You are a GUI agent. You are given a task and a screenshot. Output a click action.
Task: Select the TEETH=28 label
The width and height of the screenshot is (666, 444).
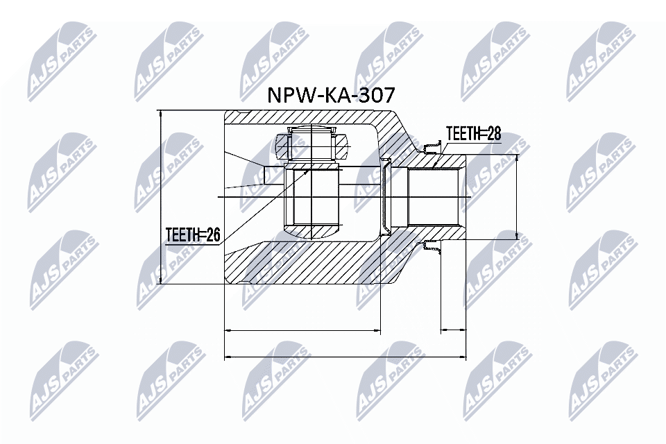coord(472,134)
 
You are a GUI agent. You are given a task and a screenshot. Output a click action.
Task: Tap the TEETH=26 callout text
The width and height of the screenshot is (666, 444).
coord(192,236)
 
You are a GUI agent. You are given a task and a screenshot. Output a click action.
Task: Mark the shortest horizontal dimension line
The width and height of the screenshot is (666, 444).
coord(454,331)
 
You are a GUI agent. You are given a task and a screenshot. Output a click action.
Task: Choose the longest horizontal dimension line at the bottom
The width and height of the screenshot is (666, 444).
coord(345,357)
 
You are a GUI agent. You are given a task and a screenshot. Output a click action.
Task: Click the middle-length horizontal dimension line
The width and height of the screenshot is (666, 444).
coord(303,331)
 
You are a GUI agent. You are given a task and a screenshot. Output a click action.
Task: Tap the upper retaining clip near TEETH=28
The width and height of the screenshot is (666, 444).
coord(432,146)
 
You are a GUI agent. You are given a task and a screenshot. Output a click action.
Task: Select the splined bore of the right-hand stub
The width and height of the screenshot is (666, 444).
coord(434,197)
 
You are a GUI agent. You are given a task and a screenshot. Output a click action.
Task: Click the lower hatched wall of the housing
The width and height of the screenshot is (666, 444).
coord(312,267)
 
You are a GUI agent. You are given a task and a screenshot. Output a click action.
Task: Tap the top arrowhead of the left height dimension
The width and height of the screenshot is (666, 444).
coord(160,115)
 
